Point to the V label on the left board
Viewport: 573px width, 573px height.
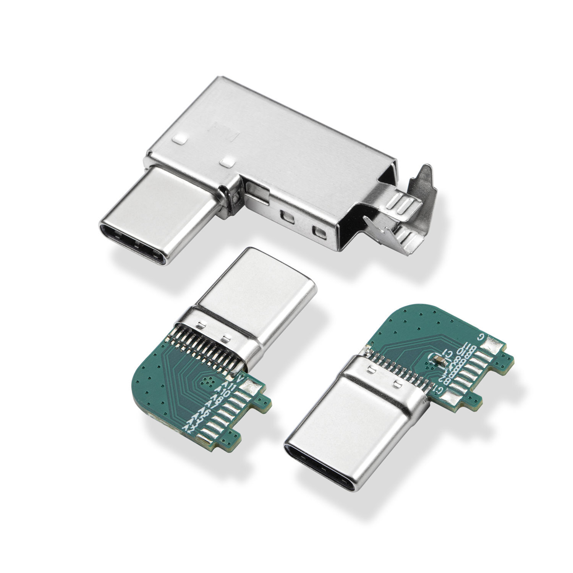tap(240, 379)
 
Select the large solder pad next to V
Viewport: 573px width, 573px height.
tap(253, 387)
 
